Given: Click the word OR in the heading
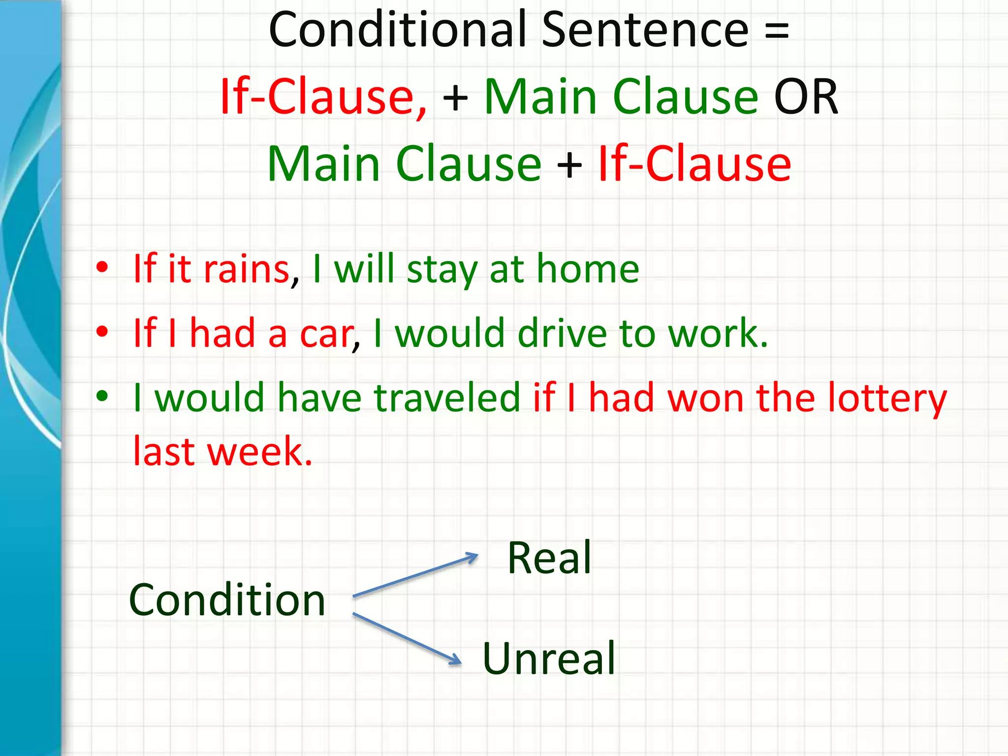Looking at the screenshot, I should point(806,97).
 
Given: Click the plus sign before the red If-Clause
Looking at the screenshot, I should point(569,164).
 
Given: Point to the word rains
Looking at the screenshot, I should point(247,270).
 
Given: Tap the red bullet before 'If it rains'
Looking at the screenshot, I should point(102,268).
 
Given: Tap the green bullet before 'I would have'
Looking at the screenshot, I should point(102,396).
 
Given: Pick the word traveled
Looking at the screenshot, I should point(447,398).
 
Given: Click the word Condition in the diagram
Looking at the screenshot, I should point(227,600).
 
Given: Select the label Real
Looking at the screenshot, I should point(549,558).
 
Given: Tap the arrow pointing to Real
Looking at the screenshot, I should point(416,575).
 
